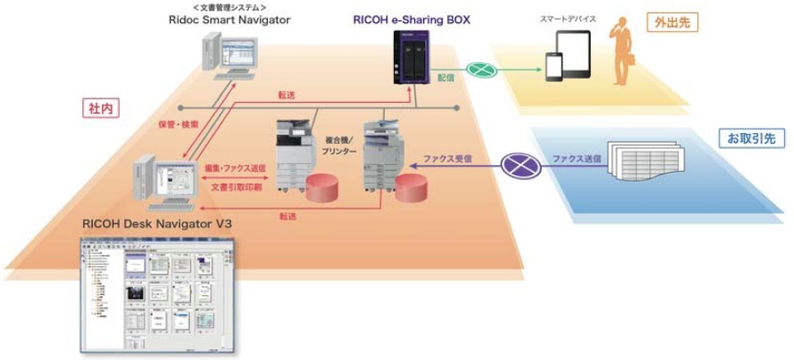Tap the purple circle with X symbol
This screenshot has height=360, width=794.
click(x=514, y=163)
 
